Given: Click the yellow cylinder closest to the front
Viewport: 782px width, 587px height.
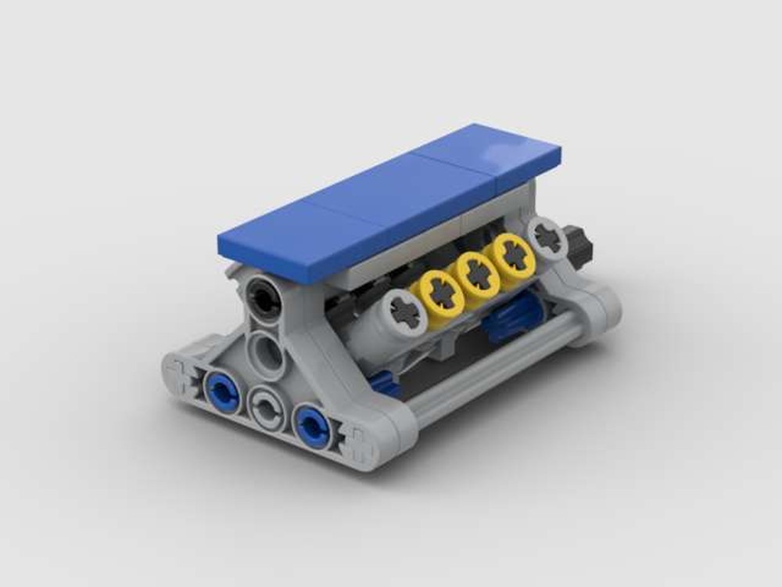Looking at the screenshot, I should (432, 290).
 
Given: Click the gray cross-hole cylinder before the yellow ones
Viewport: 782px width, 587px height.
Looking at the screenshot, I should (404, 314).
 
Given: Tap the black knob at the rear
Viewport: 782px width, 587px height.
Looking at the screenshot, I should (579, 244).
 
